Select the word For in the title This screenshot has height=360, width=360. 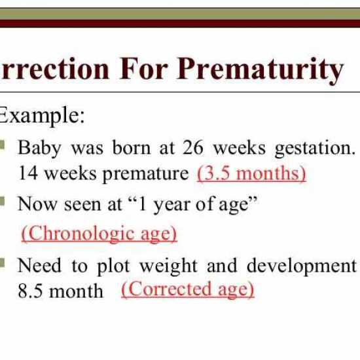[x=144, y=69]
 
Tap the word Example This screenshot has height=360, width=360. [x=41, y=115]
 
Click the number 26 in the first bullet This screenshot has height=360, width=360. [x=193, y=148]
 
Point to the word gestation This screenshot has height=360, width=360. [x=315, y=149]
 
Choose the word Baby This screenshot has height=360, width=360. [x=39, y=149]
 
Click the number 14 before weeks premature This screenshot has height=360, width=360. [x=27, y=173]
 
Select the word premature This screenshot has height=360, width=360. [x=145, y=175]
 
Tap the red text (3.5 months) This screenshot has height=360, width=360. [x=251, y=173]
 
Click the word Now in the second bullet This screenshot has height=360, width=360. [x=37, y=204]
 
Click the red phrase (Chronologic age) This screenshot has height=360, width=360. [x=99, y=233]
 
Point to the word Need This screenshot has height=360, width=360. [x=39, y=265]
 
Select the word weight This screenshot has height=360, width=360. [x=168, y=266]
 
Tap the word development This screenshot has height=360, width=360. [x=302, y=266]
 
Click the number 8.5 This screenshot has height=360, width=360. [x=30, y=291]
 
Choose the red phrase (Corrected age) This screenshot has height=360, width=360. [x=188, y=289]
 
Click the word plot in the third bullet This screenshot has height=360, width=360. [x=114, y=266]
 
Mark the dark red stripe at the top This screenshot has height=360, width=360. [x=180, y=24]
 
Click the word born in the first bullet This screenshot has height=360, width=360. [x=132, y=148]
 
